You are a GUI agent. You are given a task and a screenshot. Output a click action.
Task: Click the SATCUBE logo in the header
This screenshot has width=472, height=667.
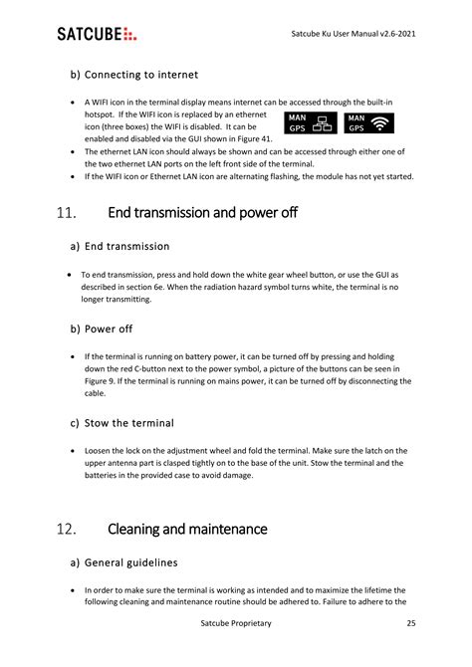click(x=98, y=35)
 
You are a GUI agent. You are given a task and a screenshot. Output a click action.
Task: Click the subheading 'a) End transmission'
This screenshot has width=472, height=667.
click(x=119, y=246)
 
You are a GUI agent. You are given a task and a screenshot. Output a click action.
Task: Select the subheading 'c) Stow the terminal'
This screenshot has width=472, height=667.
click(x=121, y=423)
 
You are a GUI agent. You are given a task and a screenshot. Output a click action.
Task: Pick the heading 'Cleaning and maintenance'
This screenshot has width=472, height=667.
click(x=187, y=529)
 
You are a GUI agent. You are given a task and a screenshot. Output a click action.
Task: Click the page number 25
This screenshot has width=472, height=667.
click(x=410, y=623)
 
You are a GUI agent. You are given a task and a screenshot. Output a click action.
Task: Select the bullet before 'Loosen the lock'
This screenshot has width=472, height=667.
click(x=76, y=450)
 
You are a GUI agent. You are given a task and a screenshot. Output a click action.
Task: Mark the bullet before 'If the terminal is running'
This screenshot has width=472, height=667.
click(x=76, y=355)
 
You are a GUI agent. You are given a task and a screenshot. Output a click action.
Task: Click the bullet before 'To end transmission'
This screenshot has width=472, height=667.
click(x=68, y=273)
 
